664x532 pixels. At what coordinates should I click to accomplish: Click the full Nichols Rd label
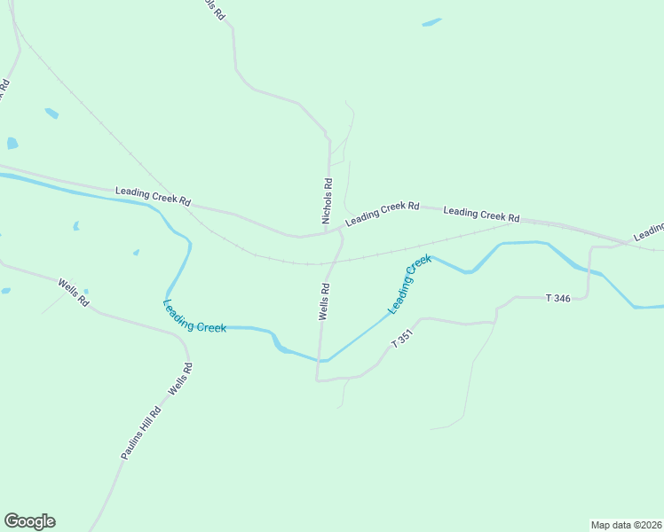coord(327,201)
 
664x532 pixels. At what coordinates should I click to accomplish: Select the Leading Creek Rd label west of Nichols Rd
coord(153,196)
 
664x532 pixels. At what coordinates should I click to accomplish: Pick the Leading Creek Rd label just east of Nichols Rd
coord(382,212)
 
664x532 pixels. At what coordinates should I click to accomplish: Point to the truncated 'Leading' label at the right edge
coord(649,232)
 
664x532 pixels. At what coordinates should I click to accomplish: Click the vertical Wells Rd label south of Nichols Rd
coord(325,301)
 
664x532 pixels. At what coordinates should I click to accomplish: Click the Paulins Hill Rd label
coord(141,433)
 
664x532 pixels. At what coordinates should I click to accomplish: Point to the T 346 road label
coord(557,298)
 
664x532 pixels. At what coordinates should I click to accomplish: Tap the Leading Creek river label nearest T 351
coord(408,284)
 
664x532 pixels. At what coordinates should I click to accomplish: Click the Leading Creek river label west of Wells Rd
coord(194,316)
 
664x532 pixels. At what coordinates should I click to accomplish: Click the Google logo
coord(29,521)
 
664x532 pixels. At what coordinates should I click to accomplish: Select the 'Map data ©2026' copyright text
coord(626,524)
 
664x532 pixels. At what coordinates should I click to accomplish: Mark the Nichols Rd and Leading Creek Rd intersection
coord(328,233)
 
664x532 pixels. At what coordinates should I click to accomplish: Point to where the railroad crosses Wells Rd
coord(331,262)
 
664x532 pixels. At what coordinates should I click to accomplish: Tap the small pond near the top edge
coord(431,22)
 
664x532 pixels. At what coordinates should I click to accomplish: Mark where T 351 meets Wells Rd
coord(317,379)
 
